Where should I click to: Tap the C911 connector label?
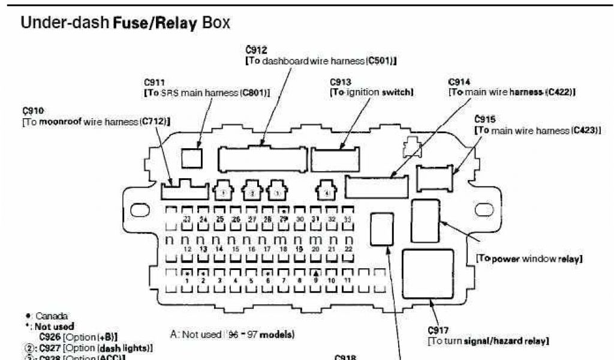154,81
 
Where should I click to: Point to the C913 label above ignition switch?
340,81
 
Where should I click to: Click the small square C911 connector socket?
192,157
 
